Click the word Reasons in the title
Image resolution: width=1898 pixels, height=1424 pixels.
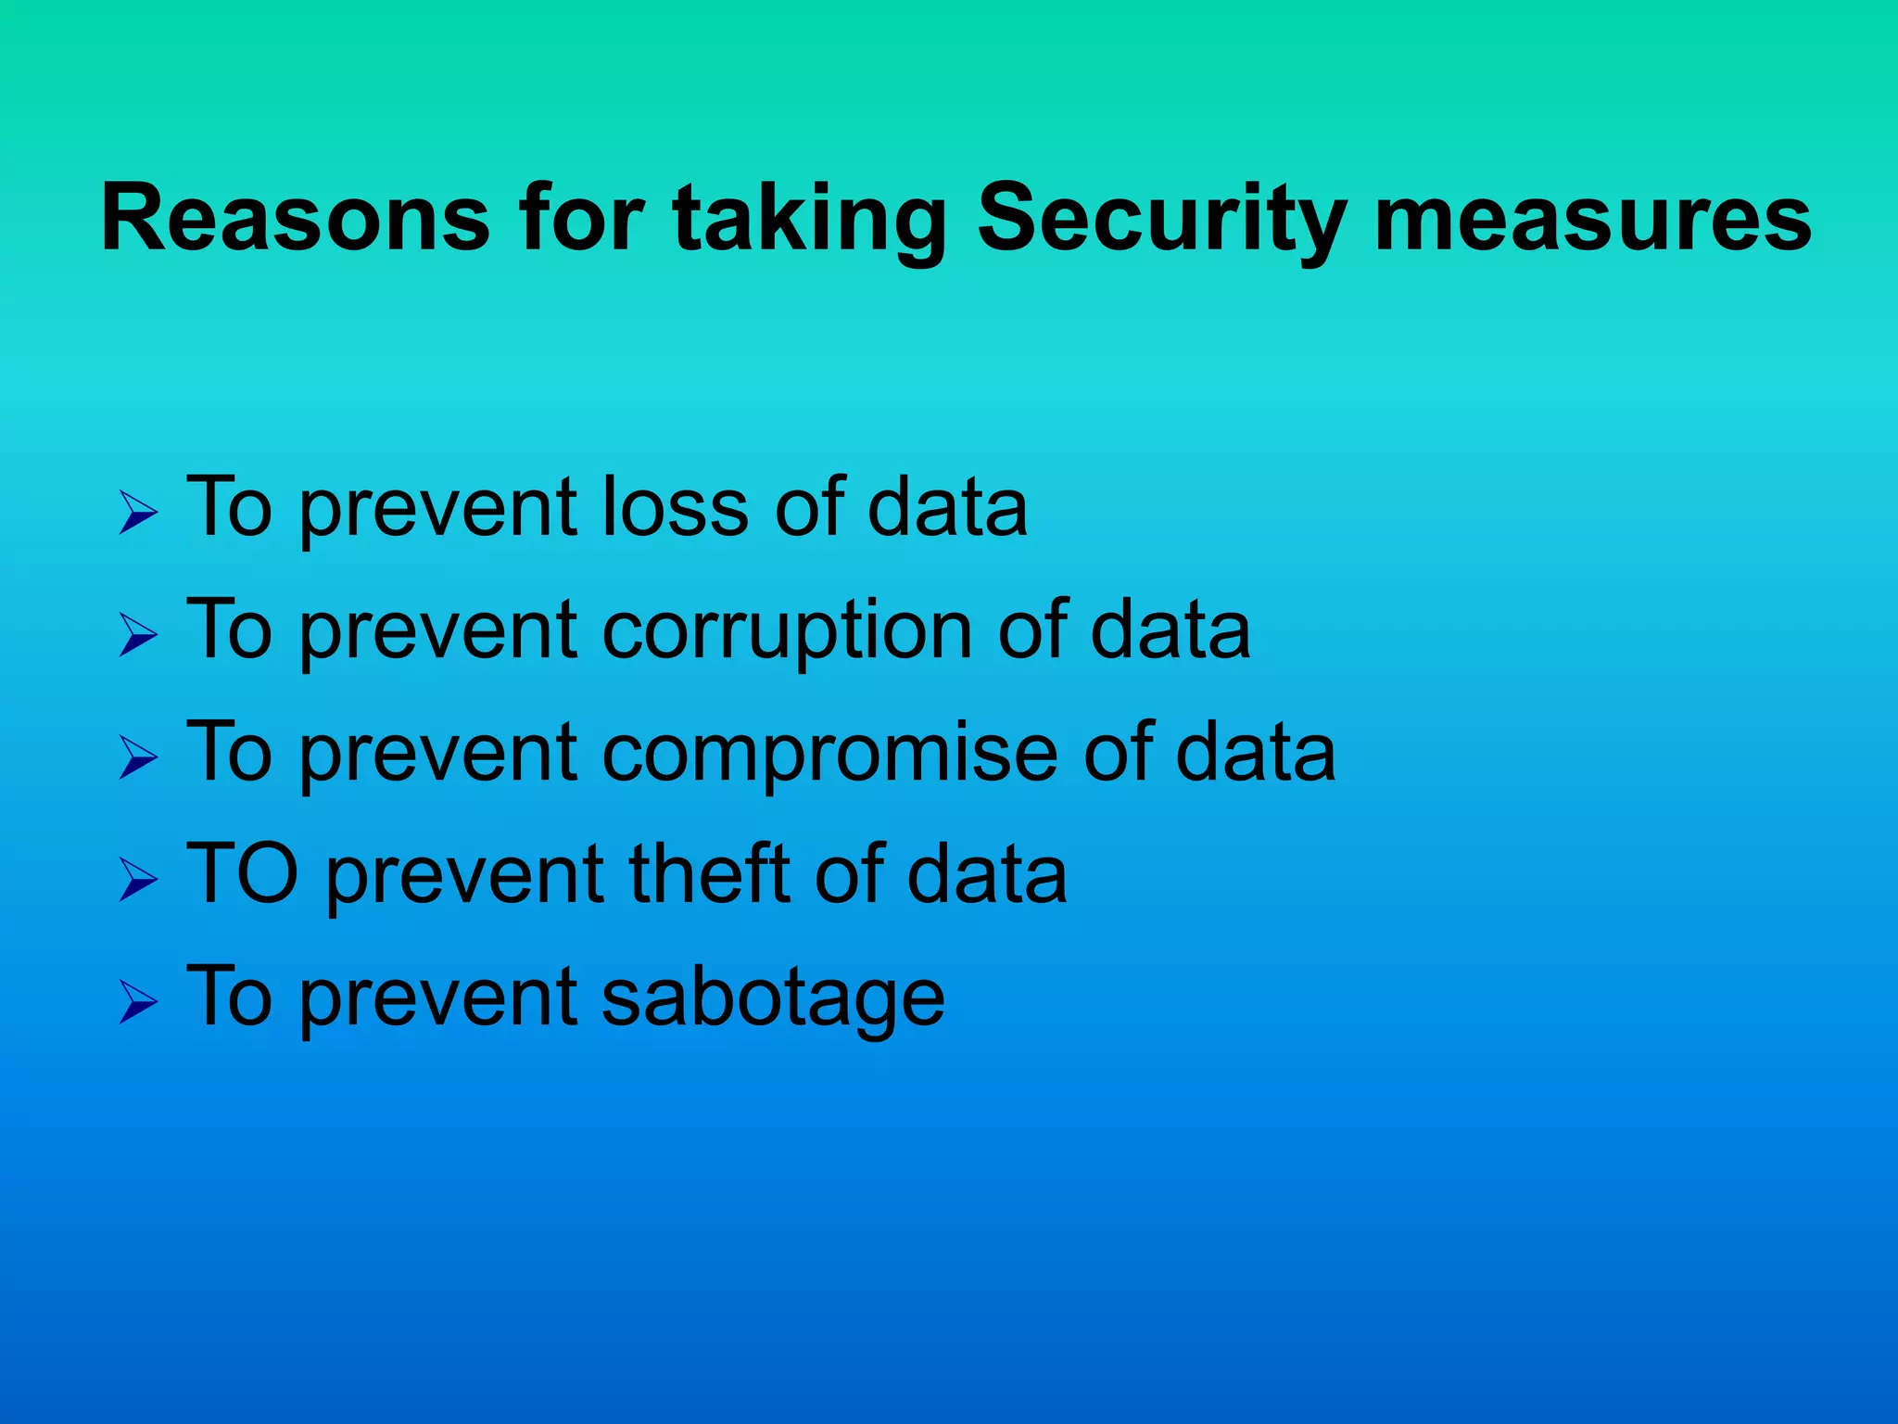pos(295,219)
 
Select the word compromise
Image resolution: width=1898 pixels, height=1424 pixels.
pos(830,753)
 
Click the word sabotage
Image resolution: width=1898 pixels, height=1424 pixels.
pos(773,997)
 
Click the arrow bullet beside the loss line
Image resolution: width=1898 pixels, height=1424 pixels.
pos(139,513)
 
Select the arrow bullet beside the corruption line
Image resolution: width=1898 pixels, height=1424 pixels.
pos(139,636)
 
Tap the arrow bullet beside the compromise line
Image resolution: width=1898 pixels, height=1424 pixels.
pos(139,758)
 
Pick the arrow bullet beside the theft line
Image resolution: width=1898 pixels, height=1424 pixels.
pos(139,880)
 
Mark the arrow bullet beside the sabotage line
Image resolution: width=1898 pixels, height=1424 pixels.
pos(139,1003)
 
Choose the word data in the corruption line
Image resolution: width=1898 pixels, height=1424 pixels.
pos(1170,630)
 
